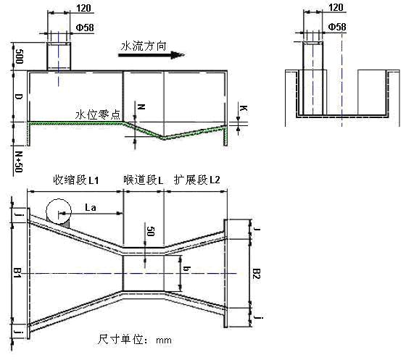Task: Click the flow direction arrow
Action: [x=152, y=55]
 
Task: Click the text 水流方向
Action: [x=144, y=46]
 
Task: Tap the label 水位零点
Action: [x=98, y=114]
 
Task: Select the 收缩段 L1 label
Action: [x=76, y=180]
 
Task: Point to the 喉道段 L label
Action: [x=144, y=180]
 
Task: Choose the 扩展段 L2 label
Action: [x=197, y=180]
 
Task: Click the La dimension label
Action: [x=91, y=207]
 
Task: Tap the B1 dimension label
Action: [x=17, y=273]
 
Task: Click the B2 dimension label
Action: [x=257, y=274]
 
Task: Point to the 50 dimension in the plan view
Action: [x=151, y=231]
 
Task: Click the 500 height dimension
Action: [x=19, y=56]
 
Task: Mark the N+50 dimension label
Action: [x=19, y=162]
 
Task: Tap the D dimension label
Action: [x=19, y=97]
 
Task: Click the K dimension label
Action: [x=243, y=108]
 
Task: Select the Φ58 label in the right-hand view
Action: [x=337, y=27]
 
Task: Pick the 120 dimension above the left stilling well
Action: [x=83, y=8]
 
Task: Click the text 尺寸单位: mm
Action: [x=134, y=340]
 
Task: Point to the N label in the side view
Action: [x=141, y=106]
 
